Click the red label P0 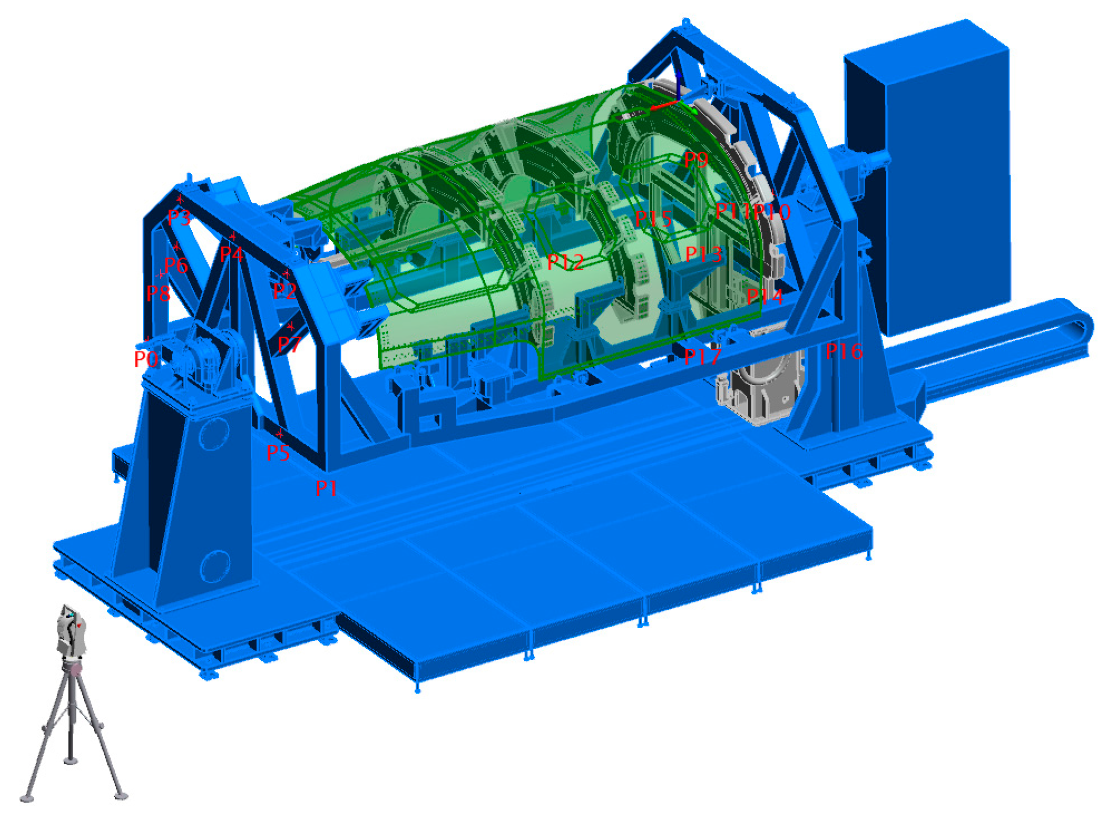(145, 359)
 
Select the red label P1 (326, 488)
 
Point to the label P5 (277, 453)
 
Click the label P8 (158, 292)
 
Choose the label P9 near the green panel (696, 159)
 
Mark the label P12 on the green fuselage (565, 262)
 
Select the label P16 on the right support (843, 351)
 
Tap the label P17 (702, 357)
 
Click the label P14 (764, 296)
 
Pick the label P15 (653, 218)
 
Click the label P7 (289, 344)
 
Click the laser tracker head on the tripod (71, 631)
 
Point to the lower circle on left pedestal (214, 566)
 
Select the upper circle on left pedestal (213, 433)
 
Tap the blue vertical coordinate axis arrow (678, 85)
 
